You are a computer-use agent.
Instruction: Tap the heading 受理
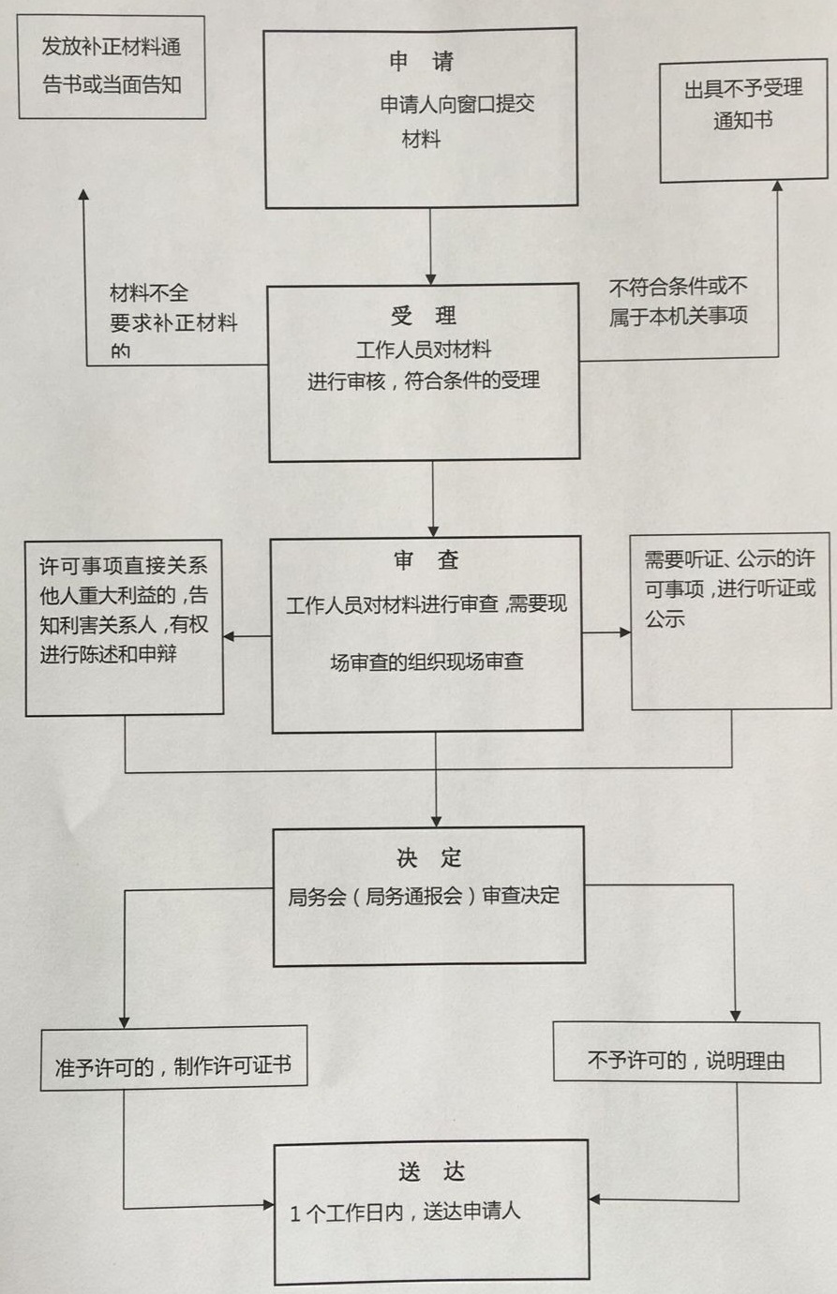coord(424,315)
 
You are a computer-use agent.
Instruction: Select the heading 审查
coord(426,560)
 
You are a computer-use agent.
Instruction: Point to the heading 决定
coord(428,858)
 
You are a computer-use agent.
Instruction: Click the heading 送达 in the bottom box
coord(431,1171)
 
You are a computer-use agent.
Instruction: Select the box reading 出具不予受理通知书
coord(743,122)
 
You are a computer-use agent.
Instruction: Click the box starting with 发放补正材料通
coord(112,66)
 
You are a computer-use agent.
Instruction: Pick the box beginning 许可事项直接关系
coord(124,627)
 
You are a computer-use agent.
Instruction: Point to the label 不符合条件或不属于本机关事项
coord(679,302)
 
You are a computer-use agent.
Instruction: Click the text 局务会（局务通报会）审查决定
coord(424,896)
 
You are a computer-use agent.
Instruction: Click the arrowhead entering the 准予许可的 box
coord(124,1022)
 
